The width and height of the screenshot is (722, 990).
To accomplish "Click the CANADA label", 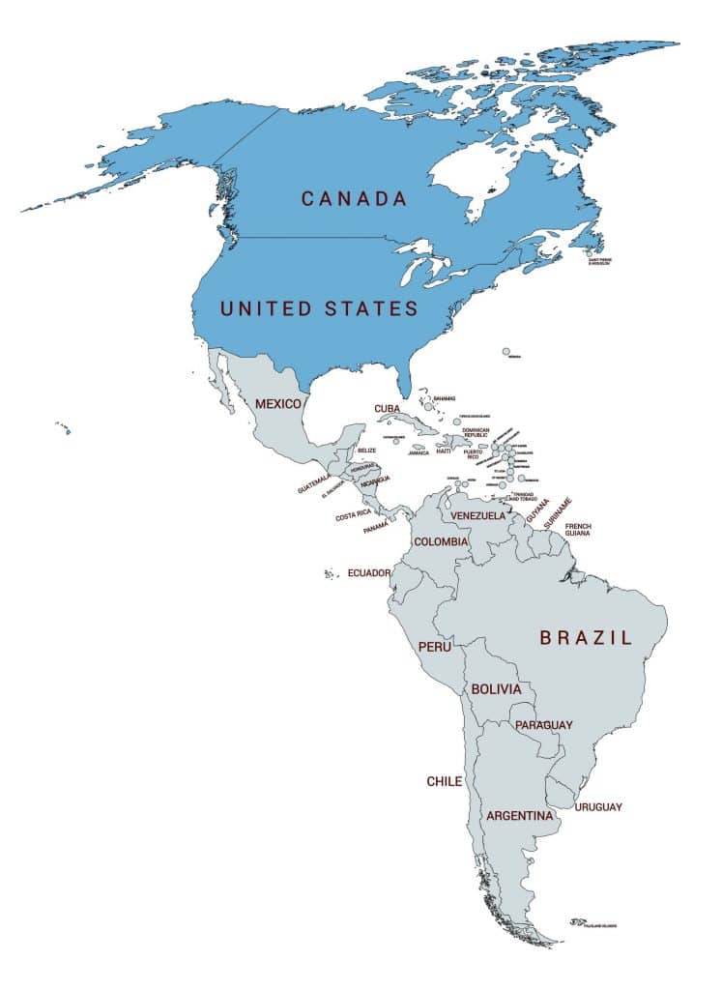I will pyautogui.click(x=354, y=198).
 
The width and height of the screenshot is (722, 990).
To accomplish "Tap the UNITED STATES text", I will pyautogui.click(x=319, y=308).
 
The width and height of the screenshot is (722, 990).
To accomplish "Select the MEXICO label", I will pyautogui.click(x=278, y=402).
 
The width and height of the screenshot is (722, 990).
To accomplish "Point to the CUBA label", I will pyautogui.click(x=388, y=409).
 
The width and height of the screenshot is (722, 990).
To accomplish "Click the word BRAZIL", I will pyautogui.click(x=586, y=637).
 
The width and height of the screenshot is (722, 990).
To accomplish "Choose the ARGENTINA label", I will pyautogui.click(x=519, y=816).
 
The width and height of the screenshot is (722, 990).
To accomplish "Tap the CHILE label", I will pyautogui.click(x=445, y=781).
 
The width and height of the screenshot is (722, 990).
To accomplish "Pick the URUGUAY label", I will pyautogui.click(x=598, y=807).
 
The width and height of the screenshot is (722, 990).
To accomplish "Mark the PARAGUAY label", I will pyautogui.click(x=543, y=725).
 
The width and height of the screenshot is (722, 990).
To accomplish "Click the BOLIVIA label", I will pyautogui.click(x=496, y=689).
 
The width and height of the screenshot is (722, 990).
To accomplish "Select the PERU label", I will pyautogui.click(x=433, y=646).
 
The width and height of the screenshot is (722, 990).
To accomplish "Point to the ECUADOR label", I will pyautogui.click(x=369, y=572).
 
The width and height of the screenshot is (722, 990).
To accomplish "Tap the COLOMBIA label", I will pyautogui.click(x=441, y=541).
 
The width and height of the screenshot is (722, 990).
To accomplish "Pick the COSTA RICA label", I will pyautogui.click(x=353, y=516).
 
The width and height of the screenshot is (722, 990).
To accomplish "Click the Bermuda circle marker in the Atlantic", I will pyautogui.click(x=505, y=353).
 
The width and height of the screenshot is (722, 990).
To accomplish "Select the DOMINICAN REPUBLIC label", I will pyautogui.click(x=476, y=433).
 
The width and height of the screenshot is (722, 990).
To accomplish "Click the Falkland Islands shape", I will pyautogui.click(x=578, y=921).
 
